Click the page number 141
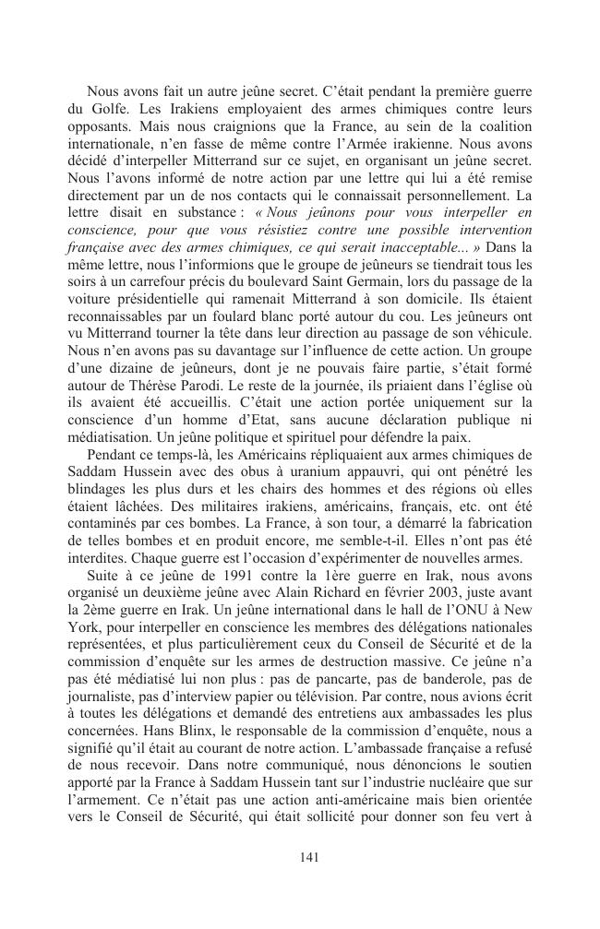pyautogui.click(x=309, y=857)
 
